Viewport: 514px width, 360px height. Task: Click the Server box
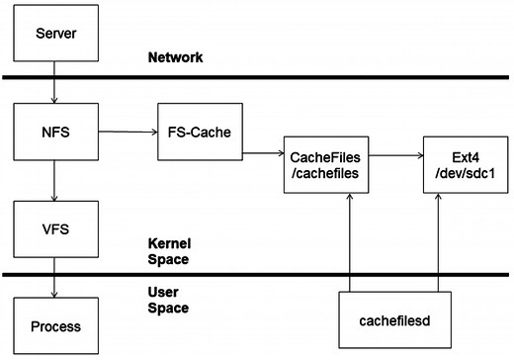pyautogui.click(x=54, y=34)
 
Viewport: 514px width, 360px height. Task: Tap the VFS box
pyautogui.click(x=54, y=228)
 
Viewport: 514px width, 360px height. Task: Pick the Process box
pyautogui.click(x=54, y=325)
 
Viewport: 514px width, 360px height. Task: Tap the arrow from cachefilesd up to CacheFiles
pyautogui.click(x=350, y=242)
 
